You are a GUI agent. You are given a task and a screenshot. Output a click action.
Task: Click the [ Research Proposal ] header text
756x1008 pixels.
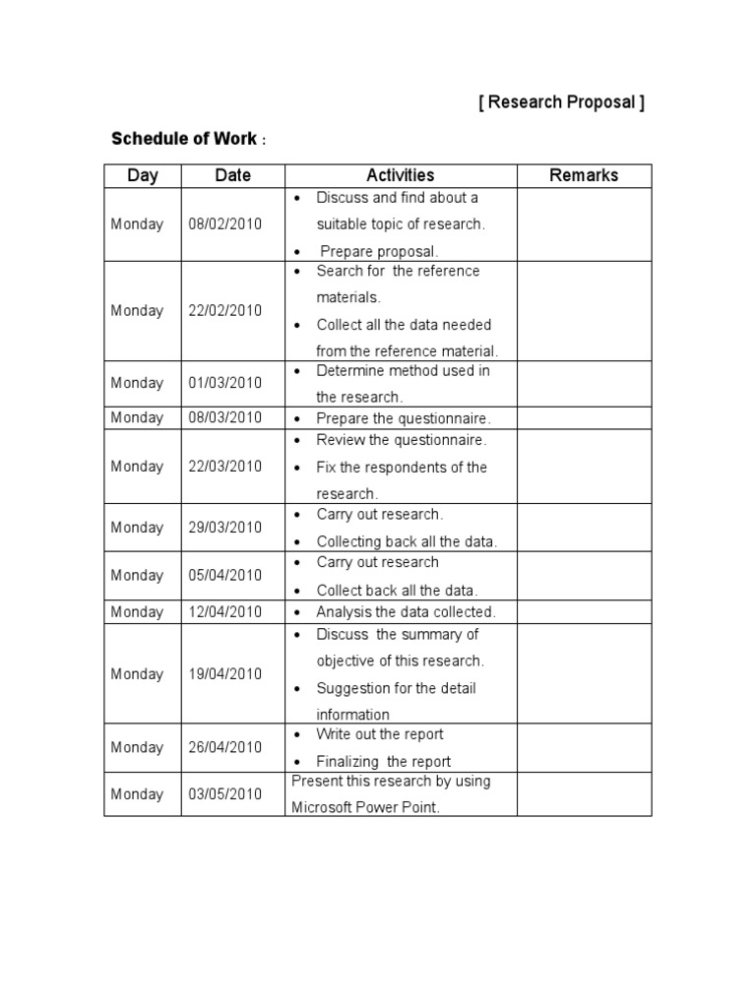pyautogui.click(x=561, y=103)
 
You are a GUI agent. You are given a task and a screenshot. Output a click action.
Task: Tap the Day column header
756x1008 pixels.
pyautogui.click(x=143, y=176)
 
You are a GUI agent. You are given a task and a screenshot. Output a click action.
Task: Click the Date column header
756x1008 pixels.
pyautogui.click(x=233, y=176)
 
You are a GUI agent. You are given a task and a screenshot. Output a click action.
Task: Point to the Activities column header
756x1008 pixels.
pyautogui.click(x=401, y=176)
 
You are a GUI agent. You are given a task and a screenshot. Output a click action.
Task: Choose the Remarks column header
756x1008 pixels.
pyautogui.click(x=584, y=176)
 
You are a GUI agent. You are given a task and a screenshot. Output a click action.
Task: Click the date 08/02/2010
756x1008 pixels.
pyautogui.click(x=225, y=224)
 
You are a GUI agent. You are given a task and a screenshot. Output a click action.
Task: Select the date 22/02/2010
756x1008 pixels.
pyautogui.click(x=225, y=311)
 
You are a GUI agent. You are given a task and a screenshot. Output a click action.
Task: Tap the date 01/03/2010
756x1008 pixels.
pyautogui.click(x=225, y=383)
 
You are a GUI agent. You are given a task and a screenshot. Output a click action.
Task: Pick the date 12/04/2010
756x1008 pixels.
pyautogui.click(x=225, y=612)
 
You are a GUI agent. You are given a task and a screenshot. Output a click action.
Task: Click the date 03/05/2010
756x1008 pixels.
pyautogui.click(x=225, y=794)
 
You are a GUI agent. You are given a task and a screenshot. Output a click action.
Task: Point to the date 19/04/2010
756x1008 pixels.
pyautogui.click(x=225, y=674)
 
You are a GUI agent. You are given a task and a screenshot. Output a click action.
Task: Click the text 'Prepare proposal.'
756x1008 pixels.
pyautogui.click(x=379, y=251)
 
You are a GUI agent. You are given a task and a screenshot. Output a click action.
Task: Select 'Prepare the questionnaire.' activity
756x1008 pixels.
pyautogui.click(x=403, y=418)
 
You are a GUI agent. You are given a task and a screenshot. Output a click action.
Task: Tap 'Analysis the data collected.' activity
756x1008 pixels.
pyautogui.click(x=406, y=612)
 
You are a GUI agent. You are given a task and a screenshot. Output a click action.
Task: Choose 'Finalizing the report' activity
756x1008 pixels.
pyautogui.click(x=383, y=761)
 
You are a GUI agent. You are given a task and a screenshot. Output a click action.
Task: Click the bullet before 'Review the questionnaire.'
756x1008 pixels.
pyautogui.click(x=297, y=441)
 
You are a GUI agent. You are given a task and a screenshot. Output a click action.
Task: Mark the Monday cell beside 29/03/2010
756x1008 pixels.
pyautogui.click(x=138, y=528)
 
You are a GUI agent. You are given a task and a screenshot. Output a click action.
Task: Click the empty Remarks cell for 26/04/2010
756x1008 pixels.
pyautogui.click(x=584, y=748)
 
